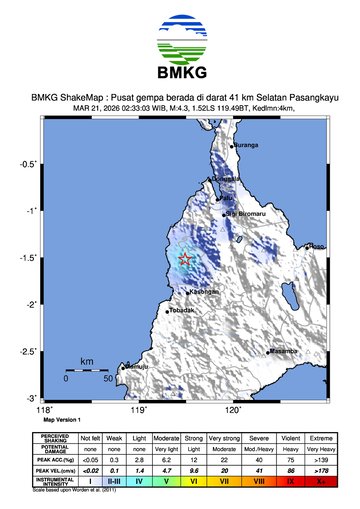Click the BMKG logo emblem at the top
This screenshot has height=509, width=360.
coord(179,41)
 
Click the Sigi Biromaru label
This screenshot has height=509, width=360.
coord(244,213)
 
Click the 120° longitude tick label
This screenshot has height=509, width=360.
coord(233,408)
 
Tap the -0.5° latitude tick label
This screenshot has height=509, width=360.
coord(30,164)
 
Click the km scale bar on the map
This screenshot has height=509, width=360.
coord(87,371)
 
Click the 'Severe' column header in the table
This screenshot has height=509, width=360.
coord(259,437)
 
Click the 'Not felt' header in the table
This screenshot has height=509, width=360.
coord(91,437)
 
